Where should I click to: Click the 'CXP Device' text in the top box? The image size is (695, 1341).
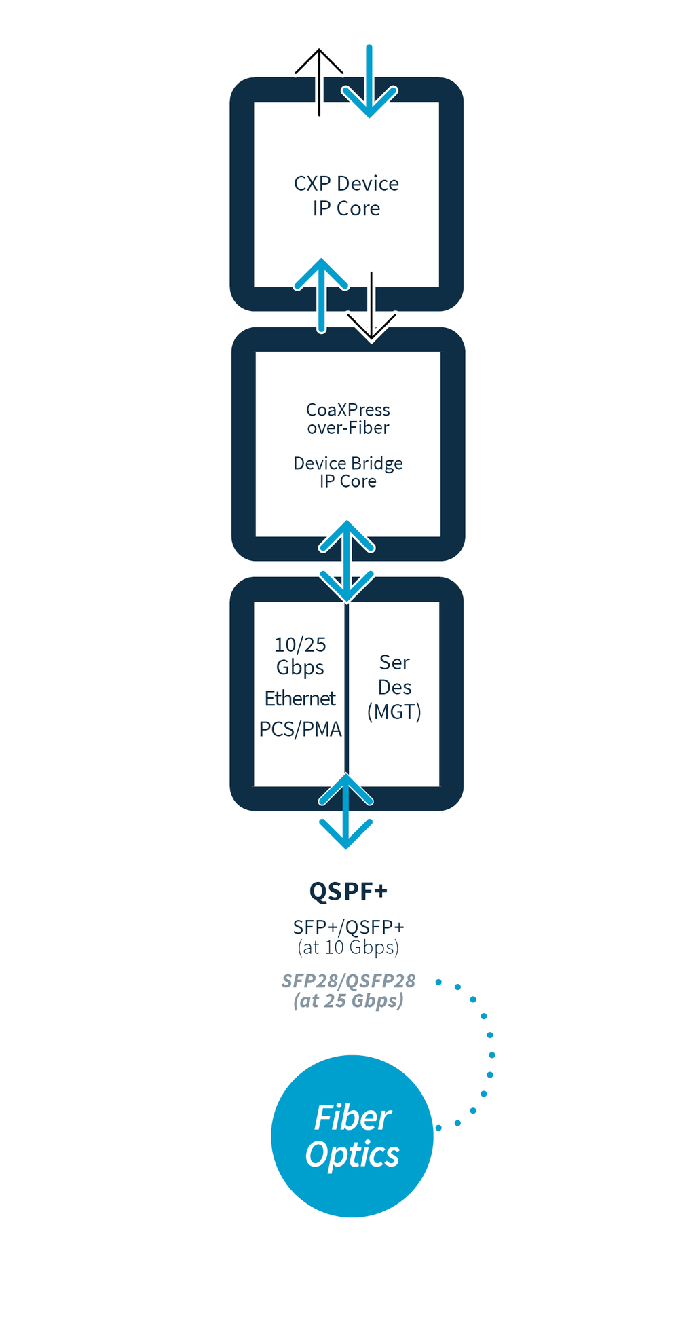click(346, 183)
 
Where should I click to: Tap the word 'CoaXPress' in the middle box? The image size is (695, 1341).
click(347, 409)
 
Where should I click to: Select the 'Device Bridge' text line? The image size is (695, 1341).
click(347, 463)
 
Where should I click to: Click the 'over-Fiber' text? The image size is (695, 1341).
click(347, 428)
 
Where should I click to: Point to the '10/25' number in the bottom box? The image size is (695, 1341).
click(300, 644)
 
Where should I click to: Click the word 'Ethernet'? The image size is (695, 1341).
click(300, 698)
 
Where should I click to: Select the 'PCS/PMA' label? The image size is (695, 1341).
click(300, 729)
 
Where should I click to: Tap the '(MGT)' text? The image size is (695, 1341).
click(394, 712)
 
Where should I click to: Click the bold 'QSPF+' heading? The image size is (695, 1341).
click(347, 890)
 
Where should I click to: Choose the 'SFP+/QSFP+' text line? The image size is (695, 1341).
click(347, 927)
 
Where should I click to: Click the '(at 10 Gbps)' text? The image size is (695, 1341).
click(347, 947)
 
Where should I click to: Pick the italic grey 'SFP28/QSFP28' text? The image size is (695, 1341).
click(347, 980)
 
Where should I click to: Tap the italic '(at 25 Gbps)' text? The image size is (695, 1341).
click(347, 1001)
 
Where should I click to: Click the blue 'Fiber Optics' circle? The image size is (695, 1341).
click(352, 1136)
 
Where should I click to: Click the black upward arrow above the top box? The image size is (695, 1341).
click(319, 81)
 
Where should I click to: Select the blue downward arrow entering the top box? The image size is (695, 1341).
click(369, 81)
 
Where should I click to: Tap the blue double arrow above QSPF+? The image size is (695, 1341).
click(346, 811)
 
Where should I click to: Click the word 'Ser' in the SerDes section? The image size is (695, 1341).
click(394, 662)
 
